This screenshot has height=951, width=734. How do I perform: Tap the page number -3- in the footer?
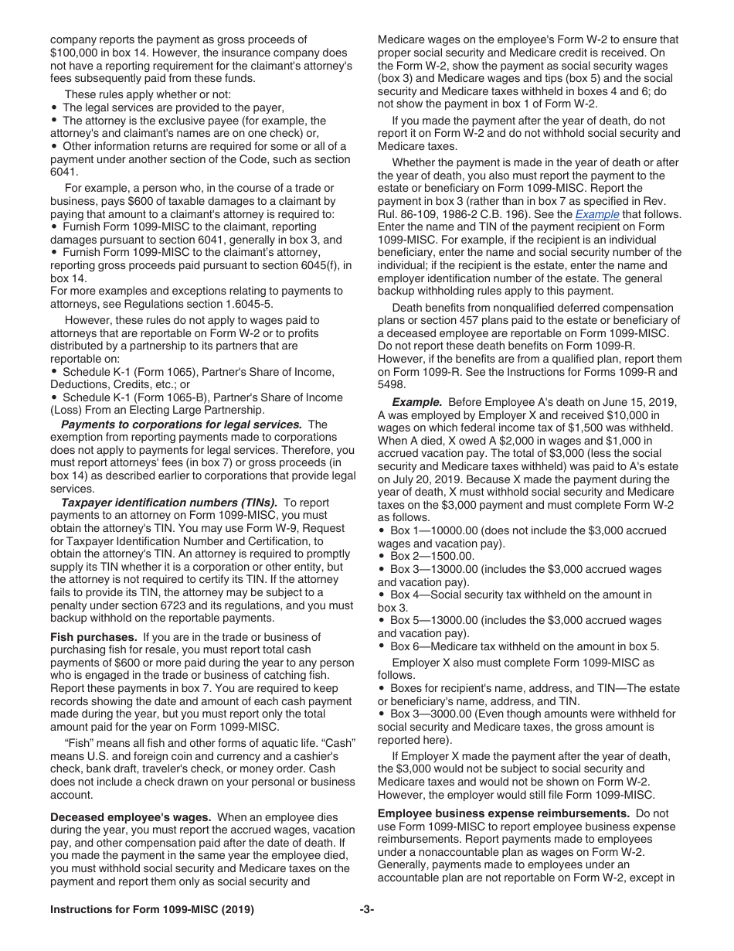[366, 910]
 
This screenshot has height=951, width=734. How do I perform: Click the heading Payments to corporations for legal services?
[181, 424]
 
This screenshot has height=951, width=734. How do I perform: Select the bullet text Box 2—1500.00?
[432, 556]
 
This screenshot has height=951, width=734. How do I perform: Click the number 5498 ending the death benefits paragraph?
[392, 385]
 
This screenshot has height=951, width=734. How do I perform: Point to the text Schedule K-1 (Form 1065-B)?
[136, 397]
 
